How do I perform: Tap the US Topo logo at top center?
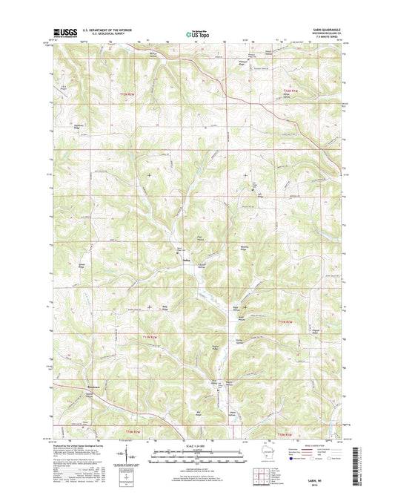(197, 33)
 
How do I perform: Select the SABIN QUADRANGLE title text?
(323, 29)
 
